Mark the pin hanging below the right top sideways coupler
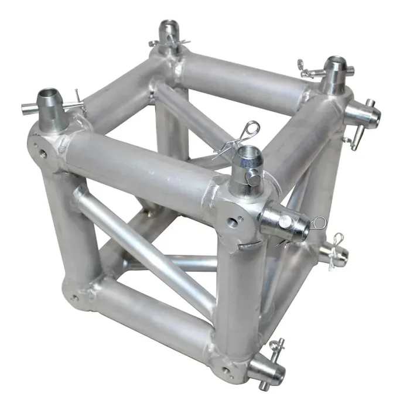(x=351, y=141)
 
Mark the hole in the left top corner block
(x=42, y=153)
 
